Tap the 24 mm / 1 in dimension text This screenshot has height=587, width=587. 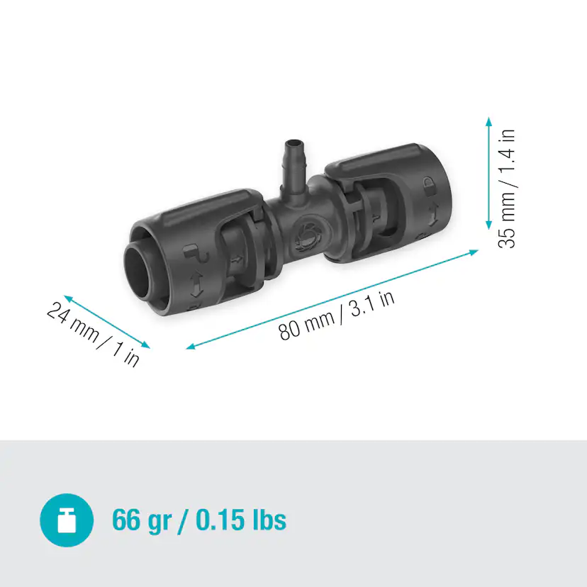[x=93, y=332]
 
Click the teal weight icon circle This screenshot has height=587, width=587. [x=66, y=520]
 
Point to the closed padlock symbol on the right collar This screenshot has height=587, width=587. [x=430, y=186]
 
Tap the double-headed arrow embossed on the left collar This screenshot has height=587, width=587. [x=195, y=280]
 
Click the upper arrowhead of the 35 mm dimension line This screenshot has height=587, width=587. [x=488, y=122]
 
